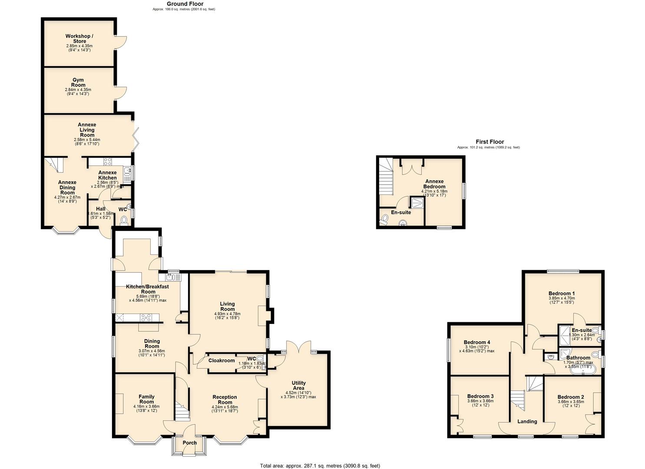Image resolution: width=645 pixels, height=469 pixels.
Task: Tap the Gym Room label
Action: tap(78, 83)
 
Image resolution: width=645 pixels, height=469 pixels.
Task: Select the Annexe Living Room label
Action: tap(87, 130)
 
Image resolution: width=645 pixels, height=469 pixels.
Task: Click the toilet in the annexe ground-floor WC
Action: tap(123, 221)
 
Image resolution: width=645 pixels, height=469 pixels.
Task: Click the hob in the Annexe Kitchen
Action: tap(107, 162)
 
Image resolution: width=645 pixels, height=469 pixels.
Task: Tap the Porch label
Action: tap(190, 443)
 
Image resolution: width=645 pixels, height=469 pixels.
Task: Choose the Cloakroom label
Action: tap(222, 360)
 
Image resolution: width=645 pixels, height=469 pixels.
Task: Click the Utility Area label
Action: tap(299, 386)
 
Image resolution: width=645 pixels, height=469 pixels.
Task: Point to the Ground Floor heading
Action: tap(185, 4)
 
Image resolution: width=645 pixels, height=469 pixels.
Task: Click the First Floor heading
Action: tap(490, 142)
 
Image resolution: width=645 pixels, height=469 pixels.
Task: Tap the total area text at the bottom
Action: tap(320, 466)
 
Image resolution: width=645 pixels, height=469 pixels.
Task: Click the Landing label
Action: tap(527, 421)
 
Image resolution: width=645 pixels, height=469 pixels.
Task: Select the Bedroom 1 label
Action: tap(562, 294)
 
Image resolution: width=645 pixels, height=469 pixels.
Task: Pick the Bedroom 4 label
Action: tap(476, 342)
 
